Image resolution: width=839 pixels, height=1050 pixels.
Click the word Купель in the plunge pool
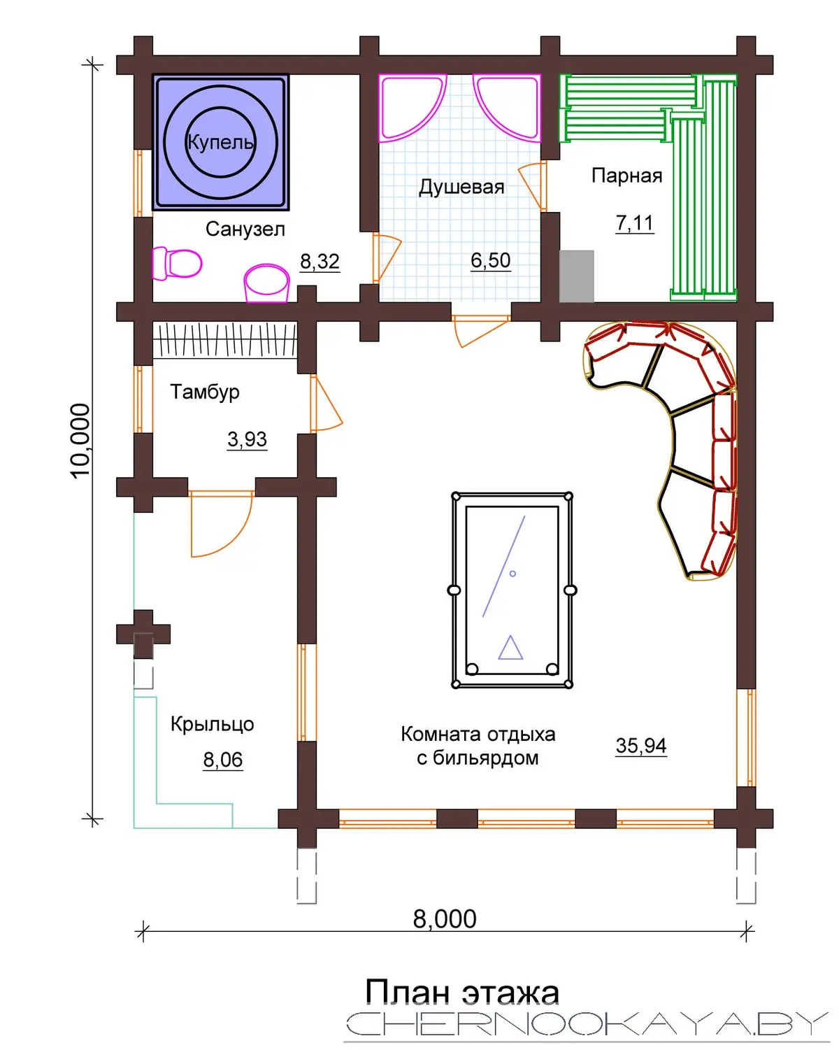tap(220, 142)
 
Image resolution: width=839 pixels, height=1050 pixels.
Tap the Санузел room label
tap(245, 229)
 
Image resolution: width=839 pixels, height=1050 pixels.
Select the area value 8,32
tap(320, 262)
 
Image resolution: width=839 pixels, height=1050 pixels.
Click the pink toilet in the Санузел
tap(177, 264)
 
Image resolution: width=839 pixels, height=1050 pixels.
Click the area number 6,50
tap(491, 260)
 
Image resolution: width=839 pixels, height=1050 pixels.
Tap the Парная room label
tap(627, 175)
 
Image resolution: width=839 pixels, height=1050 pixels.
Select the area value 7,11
tap(634, 223)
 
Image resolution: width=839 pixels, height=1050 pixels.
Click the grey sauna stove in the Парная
tap(576, 276)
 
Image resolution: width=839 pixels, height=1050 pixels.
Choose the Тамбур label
tap(204, 392)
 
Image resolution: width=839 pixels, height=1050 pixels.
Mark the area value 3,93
tap(247, 439)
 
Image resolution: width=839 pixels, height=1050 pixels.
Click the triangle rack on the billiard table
tap(510, 648)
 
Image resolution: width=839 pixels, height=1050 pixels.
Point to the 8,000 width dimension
tap(445, 919)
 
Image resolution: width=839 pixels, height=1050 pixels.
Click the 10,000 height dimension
tap(80, 441)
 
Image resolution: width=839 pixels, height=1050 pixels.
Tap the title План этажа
tap(462, 992)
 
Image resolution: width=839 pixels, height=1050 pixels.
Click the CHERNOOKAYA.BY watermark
tap(587, 1023)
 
